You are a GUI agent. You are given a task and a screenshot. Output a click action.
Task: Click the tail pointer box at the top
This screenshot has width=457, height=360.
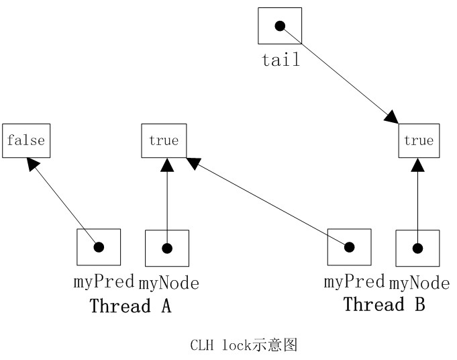pos(280,26)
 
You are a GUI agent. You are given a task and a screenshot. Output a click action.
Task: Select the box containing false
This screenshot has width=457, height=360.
pos(26,140)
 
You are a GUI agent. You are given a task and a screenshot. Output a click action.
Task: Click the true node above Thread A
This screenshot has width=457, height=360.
pos(164,140)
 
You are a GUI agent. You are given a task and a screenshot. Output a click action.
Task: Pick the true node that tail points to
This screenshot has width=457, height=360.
pos(419,141)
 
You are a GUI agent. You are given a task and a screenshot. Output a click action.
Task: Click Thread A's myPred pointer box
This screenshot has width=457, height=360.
pos(99,247)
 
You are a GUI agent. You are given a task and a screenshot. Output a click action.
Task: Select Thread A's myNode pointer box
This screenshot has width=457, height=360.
pos(167,248)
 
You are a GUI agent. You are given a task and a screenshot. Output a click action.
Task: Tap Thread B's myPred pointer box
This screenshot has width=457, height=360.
pos(349,247)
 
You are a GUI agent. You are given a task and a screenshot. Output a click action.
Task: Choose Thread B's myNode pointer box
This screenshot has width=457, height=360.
pos(417,248)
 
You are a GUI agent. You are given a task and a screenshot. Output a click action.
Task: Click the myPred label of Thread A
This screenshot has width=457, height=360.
pos(105,282)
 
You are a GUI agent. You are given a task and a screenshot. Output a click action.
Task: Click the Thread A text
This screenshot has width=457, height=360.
pos(130,306)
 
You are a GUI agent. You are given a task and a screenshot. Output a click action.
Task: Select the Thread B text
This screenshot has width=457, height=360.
pos(384,304)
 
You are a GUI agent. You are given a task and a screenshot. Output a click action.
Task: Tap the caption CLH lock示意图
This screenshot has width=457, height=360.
pos(244,346)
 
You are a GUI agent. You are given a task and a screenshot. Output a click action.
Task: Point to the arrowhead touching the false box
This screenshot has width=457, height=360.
pos(31,163)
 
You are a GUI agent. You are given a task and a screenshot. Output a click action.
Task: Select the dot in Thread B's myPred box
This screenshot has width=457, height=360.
pos(349,247)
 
